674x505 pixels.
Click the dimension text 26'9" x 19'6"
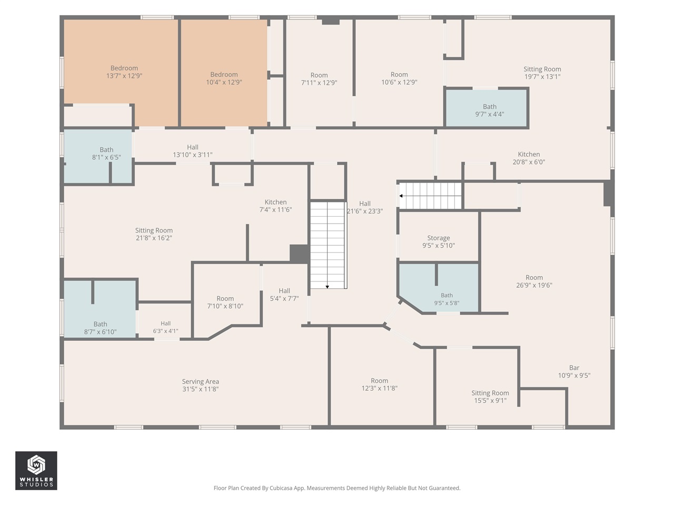tap(534, 285)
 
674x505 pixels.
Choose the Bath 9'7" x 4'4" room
tap(487, 108)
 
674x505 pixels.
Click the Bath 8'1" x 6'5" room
tap(98, 156)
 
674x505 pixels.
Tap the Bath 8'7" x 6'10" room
tap(100, 309)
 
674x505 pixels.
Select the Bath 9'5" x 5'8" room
tap(439, 288)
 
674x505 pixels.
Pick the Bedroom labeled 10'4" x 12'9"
tap(224, 73)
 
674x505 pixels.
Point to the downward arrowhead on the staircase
tap(328, 287)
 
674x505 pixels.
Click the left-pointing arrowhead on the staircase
tap(401, 196)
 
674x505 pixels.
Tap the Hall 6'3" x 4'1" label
tap(165, 327)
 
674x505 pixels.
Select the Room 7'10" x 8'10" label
tap(225, 302)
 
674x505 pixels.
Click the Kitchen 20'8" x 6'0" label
tap(529, 158)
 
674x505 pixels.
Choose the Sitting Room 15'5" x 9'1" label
tap(490, 397)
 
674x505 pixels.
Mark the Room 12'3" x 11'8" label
tap(379, 385)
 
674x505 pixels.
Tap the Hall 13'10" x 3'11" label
tap(193, 151)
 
